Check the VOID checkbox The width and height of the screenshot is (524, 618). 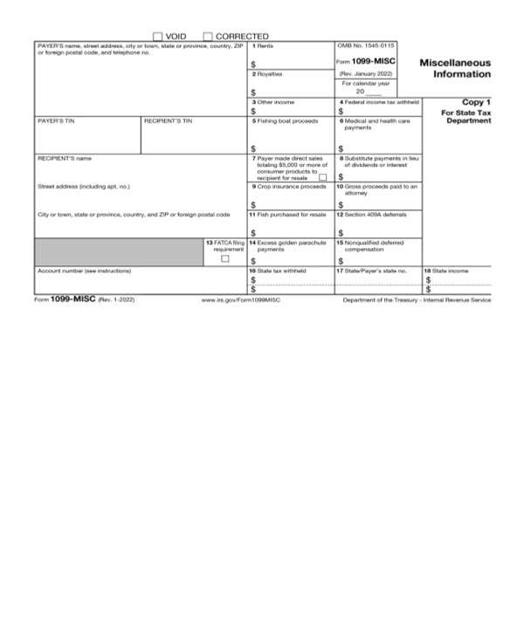coord(158,35)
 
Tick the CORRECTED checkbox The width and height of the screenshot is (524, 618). coord(208,35)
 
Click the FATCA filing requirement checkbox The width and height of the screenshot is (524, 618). coord(225,258)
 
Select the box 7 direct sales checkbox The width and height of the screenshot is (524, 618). coord(322,178)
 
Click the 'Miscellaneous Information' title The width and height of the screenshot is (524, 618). coord(455,68)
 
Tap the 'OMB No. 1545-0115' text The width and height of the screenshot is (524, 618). coord(366,45)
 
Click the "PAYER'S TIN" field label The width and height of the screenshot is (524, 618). coord(54,120)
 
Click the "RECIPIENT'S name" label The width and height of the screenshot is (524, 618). coord(64,158)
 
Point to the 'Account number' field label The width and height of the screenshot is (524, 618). coord(84,271)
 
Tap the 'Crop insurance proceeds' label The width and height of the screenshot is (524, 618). coord(287,186)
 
